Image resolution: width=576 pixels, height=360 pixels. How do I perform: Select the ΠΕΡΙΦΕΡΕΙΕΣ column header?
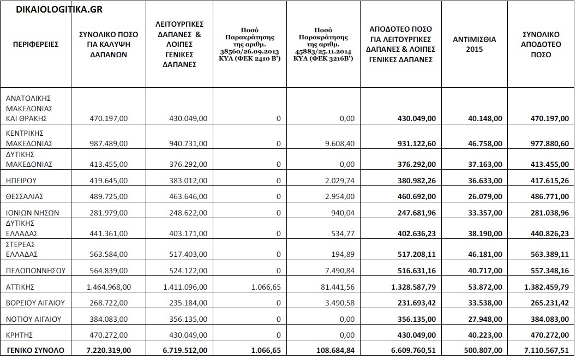(35, 44)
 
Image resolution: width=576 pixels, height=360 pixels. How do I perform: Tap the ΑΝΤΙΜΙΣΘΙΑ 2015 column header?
(475, 44)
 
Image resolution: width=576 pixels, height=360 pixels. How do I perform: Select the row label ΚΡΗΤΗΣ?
(20, 334)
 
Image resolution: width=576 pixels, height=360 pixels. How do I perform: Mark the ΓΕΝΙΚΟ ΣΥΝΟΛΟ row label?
(34, 350)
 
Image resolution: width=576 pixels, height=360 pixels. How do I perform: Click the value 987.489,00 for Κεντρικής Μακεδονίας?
(109, 143)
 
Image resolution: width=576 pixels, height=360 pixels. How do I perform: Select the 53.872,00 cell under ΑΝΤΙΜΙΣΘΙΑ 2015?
(484, 286)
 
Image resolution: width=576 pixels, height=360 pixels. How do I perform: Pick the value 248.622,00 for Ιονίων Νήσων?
(185, 213)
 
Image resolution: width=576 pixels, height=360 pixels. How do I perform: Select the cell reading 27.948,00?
(484, 319)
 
